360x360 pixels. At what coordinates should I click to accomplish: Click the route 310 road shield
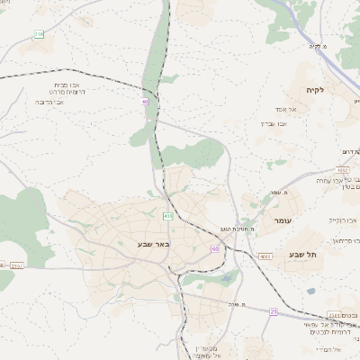(x=39, y=34)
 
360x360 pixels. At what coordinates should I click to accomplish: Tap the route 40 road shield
(x=145, y=101)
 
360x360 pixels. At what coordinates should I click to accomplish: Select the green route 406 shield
(x=168, y=216)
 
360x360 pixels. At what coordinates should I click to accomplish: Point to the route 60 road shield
(x=215, y=248)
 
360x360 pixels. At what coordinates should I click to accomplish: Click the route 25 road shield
(x=274, y=310)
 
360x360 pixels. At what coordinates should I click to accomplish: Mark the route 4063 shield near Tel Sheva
(x=265, y=256)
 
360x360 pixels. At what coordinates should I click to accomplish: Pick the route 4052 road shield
(x=343, y=169)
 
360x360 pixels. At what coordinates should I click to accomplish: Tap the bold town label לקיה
(x=314, y=90)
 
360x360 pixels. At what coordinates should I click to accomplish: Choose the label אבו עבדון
(x=273, y=124)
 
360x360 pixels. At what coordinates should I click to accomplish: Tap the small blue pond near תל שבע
(x=310, y=292)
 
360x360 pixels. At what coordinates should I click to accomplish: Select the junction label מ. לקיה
(x=315, y=47)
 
